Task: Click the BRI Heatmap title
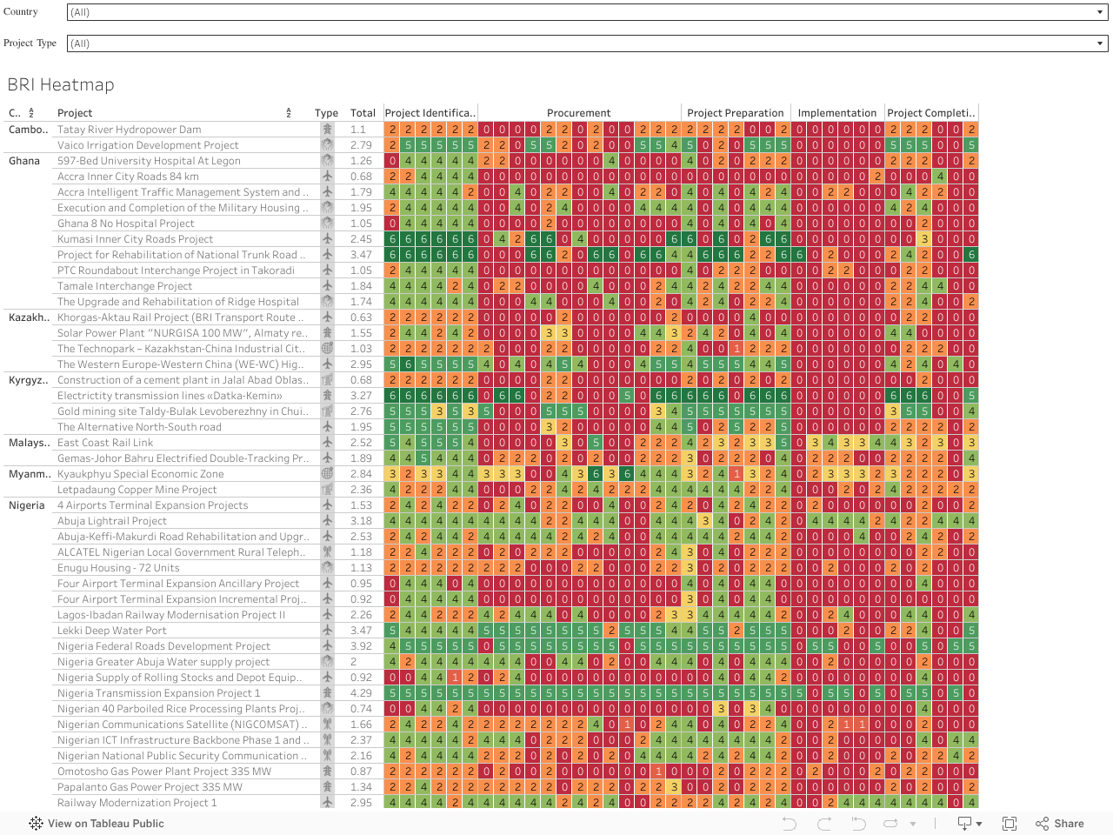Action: [61, 84]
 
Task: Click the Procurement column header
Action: [578, 113]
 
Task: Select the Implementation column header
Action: [836, 113]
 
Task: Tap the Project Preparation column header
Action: [735, 113]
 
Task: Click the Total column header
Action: [363, 113]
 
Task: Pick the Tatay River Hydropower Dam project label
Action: [129, 130]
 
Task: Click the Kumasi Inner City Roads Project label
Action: [135, 239]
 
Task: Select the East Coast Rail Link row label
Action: [105, 443]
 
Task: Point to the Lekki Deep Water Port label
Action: [112, 631]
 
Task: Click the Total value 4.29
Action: [361, 693]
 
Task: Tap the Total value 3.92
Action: [361, 646]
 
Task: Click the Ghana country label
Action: [24, 161]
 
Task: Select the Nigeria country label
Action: [26, 505]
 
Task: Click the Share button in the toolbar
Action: [1060, 824]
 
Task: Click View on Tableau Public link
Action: [97, 824]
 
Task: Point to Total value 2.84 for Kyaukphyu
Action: [361, 474]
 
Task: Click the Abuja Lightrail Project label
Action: [112, 521]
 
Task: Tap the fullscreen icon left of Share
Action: [1010, 824]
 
